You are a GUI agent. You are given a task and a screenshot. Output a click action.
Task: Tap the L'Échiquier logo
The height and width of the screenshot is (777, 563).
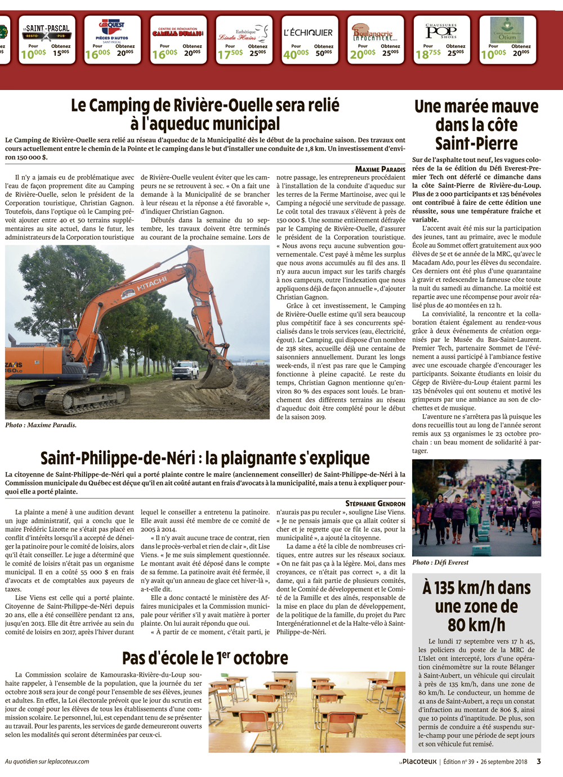[x=308, y=33]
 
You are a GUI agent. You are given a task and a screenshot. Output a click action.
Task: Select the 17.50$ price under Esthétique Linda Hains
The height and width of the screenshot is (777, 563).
[x=230, y=53]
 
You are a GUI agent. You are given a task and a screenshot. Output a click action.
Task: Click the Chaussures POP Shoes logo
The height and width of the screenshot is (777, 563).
[x=441, y=31]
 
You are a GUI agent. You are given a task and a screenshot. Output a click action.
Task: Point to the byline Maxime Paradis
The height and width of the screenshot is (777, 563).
[x=380, y=169]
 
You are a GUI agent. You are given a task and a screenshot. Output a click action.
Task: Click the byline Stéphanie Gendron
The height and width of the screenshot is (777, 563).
[x=375, y=504]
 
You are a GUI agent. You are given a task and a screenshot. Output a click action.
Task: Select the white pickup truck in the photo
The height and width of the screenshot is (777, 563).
[x=185, y=370]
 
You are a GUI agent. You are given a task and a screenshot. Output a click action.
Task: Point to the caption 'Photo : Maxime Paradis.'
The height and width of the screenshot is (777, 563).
[x=41, y=425]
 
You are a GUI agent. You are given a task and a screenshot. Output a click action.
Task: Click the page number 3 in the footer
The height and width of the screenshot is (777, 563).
[x=539, y=761]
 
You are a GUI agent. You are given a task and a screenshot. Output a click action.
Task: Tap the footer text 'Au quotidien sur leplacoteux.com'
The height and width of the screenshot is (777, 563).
[x=47, y=761]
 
